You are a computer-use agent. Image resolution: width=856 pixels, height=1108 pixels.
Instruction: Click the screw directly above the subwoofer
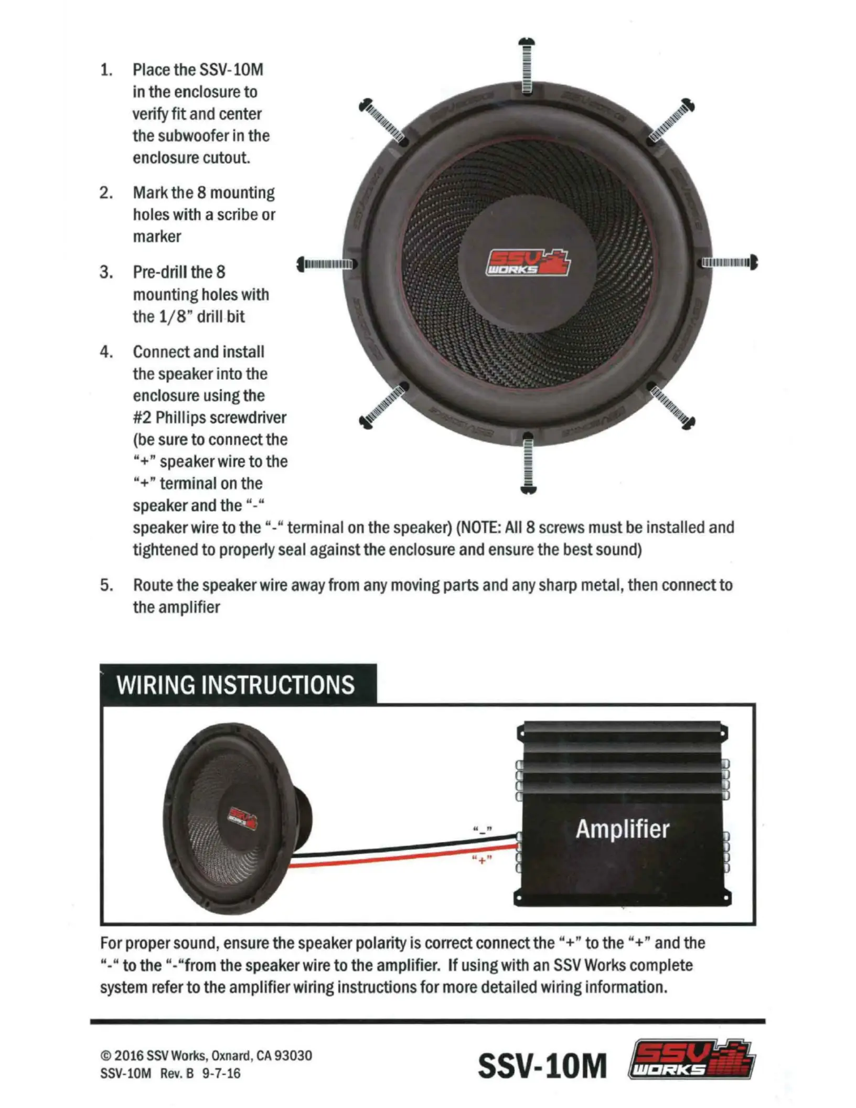tap(527, 66)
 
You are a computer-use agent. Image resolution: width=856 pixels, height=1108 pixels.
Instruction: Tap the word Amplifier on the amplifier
tap(623, 829)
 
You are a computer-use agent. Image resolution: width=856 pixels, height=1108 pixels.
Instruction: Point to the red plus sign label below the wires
tap(481, 860)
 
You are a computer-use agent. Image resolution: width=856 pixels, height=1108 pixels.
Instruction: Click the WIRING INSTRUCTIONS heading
tap(236, 685)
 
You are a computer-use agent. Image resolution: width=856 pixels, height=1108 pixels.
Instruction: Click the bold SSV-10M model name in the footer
tap(542, 1066)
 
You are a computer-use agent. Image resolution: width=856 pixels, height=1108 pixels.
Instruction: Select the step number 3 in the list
tap(106, 272)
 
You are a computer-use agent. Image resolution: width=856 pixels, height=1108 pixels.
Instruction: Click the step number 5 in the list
tap(106, 585)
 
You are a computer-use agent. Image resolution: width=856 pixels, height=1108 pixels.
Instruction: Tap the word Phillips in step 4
tap(185, 418)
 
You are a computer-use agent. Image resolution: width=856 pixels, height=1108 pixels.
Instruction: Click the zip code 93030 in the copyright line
tap(293, 1056)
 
